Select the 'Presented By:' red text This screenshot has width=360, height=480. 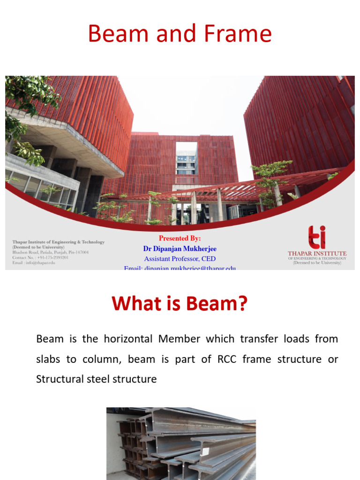tap(180, 238)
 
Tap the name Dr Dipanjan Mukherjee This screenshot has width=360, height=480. tap(180, 248)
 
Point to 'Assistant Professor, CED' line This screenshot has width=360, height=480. tap(180, 259)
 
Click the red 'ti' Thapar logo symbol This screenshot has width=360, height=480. tap(317, 237)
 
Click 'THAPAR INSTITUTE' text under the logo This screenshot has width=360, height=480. tap(317, 254)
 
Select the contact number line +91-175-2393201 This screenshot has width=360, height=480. tap(41, 257)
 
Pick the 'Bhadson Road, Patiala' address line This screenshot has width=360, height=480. tap(51, 252)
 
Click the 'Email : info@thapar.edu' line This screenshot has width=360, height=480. tap(34, 262)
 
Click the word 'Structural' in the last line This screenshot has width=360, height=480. tap(60, 379)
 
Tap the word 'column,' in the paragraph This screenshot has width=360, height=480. tap(107, 359)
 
